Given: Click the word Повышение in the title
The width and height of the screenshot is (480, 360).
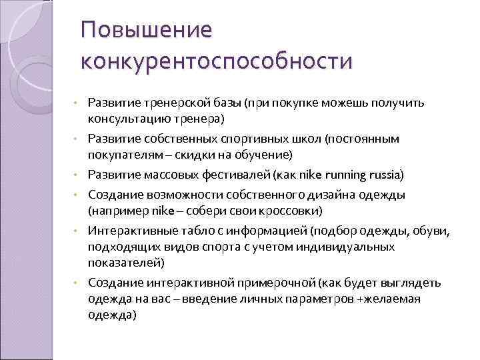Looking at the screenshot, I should [x=145, y=30].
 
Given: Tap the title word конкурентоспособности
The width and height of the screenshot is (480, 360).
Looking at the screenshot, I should [x=216, y=61].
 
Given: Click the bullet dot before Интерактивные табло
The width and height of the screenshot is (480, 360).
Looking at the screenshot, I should [x=77, y=231].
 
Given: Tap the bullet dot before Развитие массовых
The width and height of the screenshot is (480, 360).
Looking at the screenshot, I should [x=77, y=175].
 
